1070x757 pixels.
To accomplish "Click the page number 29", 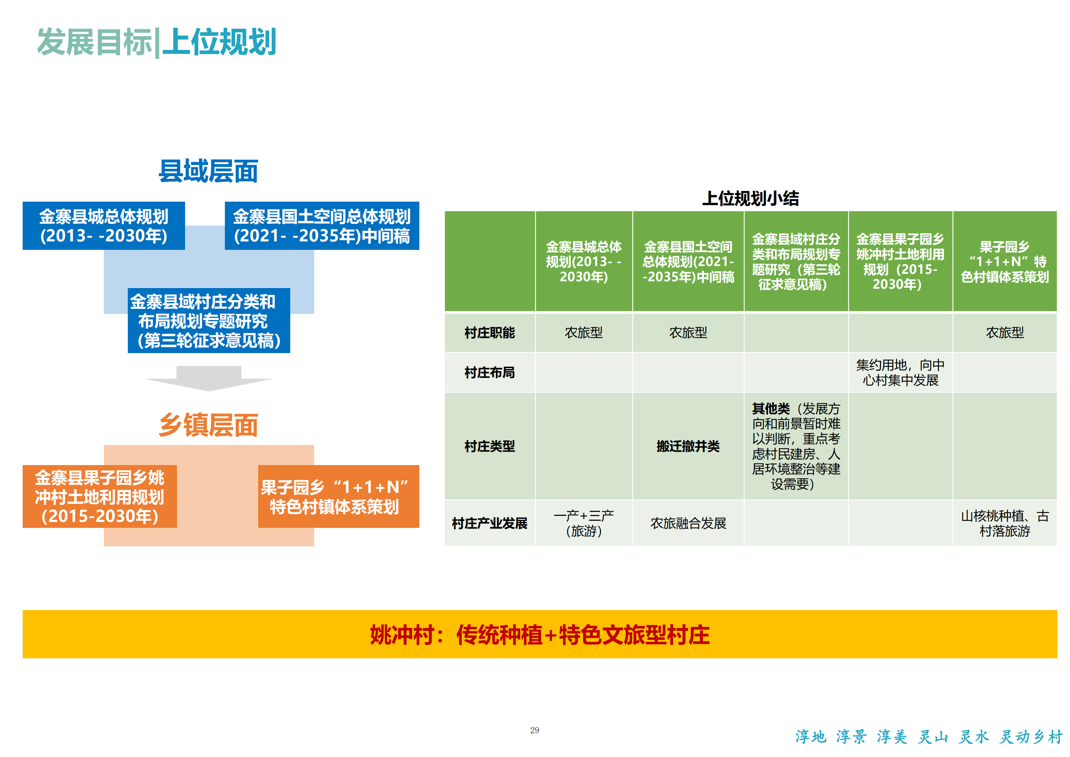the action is click(x=535, y=730).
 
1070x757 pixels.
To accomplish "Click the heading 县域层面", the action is click(x=208, y=171).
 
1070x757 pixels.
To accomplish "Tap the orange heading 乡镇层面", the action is click(x=208, y=425).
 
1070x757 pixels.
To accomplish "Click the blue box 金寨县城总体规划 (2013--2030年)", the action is click(x=104, y=226).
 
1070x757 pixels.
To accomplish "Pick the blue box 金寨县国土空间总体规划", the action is click(x=322, y=226).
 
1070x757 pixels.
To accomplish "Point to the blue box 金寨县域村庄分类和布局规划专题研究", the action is click(x=209, y=321).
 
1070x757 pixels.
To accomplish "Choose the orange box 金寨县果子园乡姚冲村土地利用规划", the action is click(x=100, y=496).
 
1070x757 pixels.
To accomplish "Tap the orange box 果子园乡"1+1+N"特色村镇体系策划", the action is click(x=339, y=496).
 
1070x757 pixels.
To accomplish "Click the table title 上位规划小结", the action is click(x=751, y=199).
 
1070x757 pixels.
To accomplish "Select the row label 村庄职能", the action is click(x=490, y=332).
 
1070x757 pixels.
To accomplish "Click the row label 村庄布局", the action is click(x=490, y=373).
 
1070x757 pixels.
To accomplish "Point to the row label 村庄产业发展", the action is click(x=490, y=523).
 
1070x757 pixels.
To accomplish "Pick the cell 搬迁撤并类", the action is click(x=688, y=446).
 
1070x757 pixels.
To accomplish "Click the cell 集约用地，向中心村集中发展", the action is click(x=900, y=373).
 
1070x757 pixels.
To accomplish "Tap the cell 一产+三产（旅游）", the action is click(x=584, y=523).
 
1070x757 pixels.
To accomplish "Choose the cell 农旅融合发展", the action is click(x=688, y=523).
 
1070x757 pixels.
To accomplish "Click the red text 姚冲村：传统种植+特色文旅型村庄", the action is click(x=540, y=635).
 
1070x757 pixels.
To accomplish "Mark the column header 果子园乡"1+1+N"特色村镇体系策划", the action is click(x=1005, y=262).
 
